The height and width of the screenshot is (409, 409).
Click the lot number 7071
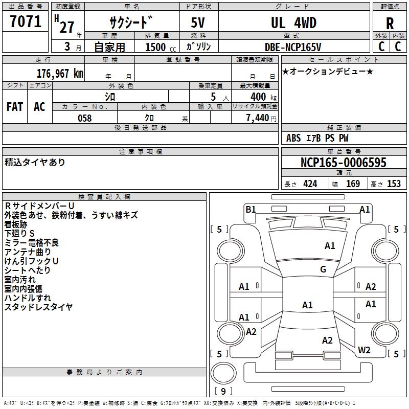(26, 21)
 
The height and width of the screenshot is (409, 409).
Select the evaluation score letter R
(390, 24)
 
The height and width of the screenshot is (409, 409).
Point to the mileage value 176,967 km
(59, 73)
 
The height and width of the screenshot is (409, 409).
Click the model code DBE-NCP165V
(293, 47)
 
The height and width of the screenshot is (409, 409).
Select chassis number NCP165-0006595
(344, 163)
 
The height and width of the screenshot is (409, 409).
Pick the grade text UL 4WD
(293, 23)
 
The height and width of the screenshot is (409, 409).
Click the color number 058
(84, 118)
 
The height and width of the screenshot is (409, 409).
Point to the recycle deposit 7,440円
(260, 118)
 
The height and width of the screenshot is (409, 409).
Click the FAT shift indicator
(15, 107)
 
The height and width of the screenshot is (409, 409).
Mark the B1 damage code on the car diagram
(251, 209)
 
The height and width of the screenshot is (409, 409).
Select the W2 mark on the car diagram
(364, 350)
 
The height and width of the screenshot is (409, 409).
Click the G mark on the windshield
(323, 269)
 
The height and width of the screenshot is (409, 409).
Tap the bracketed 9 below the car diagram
(223, 391)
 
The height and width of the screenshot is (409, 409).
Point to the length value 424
(310, 184)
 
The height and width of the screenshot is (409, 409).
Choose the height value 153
(394, 184)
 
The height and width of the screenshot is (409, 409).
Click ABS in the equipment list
(293, 138)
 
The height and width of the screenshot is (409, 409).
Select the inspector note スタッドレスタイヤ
(39, 307)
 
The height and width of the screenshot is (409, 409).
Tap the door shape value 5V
(198, 23)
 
